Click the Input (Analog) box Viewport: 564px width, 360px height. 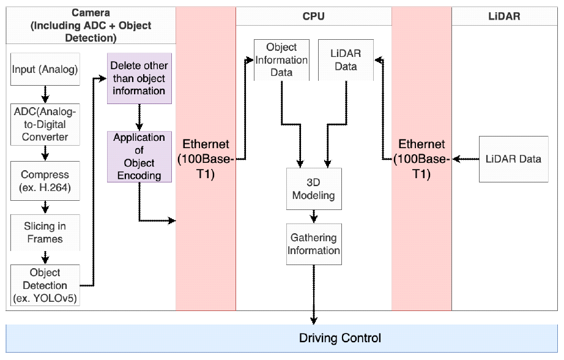pyautogui.click(x=45, y=70)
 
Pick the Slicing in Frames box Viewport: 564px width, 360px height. pyautogui.click(x=45, y=233)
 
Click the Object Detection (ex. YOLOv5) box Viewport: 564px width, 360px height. pyautogui.click(x=45, y=285)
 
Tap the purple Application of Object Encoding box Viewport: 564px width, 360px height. pyautogui.click(x=139, y=156)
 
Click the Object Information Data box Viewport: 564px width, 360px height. pyautogui.click(x=281, y=59)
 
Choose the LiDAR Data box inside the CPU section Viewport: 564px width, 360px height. pyautogui.click(x=346, y=59)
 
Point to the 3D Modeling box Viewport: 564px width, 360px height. pyautogui.click(x=314, y=188)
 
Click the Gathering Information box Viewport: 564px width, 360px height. pyautogui.click(x=314, y=244)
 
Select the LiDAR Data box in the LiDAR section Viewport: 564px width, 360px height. pyautogui.click(x=513, y=159)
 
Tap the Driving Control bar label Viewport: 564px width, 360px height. pyautogui.click(x=340, y=338)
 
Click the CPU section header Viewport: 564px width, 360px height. pyautogui.click(x=313, y=17)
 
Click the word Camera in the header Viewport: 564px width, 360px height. pyautogui.click(x=91, y=12)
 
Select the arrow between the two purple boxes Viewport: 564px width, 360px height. pyautogui.click(x=139, y=116)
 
